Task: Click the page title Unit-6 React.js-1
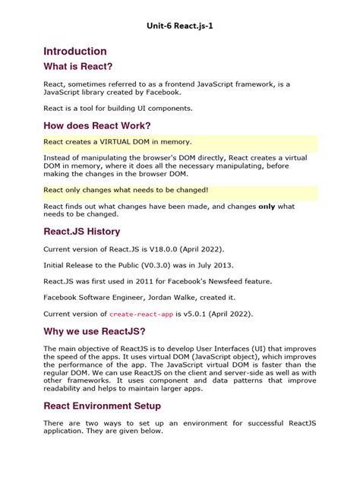tap(179, 25)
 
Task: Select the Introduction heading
tap(75, 51)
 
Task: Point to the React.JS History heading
tap(82, 231)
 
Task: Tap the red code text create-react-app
tap(136, 313)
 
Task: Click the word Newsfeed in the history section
tap(232, 281)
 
